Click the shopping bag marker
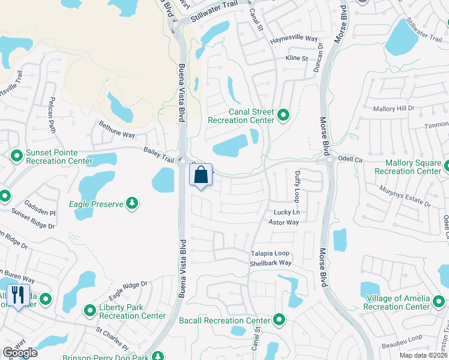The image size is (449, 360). coord(201,176)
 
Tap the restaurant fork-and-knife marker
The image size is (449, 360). coord(17,296)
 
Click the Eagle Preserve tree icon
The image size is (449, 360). coord(132,204)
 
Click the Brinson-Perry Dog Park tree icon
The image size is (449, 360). coord(157,356)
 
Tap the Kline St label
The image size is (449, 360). coord(297,59)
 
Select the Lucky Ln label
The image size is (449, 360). coord(286,212)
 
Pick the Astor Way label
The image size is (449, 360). coord(283,223)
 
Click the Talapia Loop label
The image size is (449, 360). coord(270,253)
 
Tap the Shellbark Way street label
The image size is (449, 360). coord(271,263)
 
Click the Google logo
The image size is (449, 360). coord(20,353)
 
